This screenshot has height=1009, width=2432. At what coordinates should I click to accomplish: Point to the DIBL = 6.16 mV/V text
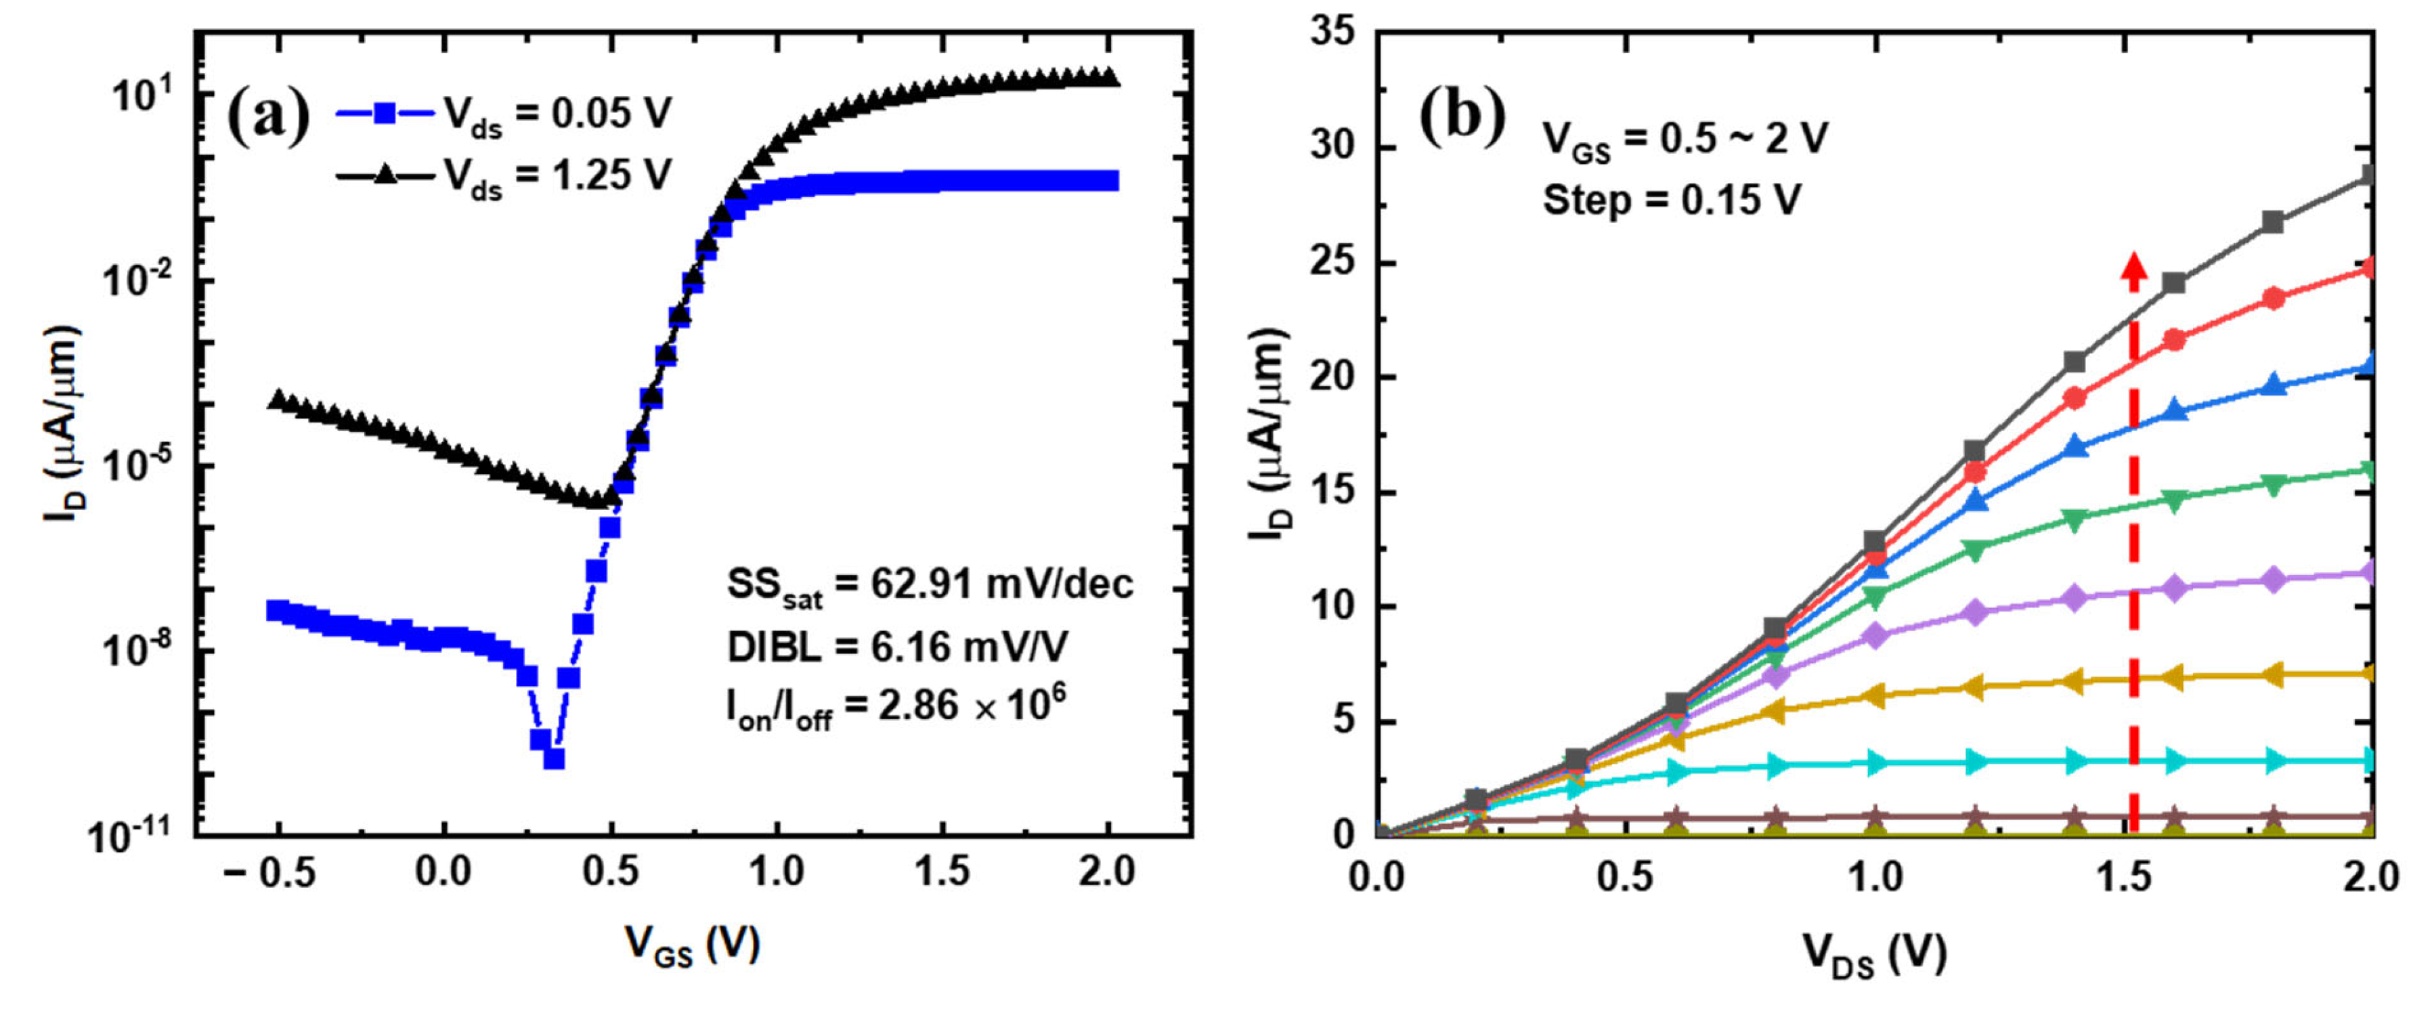(x=897, y=647)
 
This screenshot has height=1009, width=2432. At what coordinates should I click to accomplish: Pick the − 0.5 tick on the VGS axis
(x=269, y=873)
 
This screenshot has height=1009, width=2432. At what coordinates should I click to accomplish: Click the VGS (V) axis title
(x=692, y=945)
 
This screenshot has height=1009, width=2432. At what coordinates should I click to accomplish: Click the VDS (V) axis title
(x=1875, y=953)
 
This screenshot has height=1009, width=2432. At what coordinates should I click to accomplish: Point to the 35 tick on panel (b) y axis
(x=1332, y=33)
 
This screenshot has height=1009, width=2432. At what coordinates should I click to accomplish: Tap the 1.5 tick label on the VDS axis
(x=2123, y=877)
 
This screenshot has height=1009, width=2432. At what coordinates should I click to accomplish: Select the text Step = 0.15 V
(x=1671, y=200)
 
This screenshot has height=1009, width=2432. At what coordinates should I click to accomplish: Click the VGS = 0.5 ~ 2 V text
(x=1685, y=139)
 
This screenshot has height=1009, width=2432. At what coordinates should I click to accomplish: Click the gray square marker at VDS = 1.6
(x=2174, y=282)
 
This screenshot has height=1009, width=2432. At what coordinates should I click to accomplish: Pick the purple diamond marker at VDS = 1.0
(x=1875, y=636)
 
